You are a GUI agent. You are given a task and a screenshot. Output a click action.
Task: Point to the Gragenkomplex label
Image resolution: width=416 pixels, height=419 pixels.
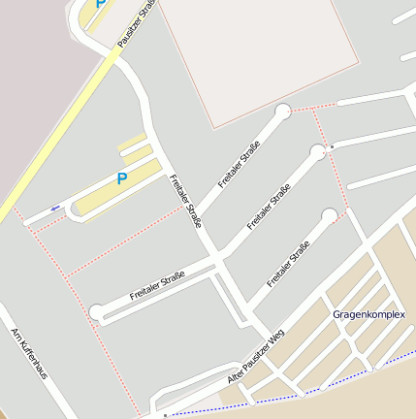click(x=368, y=315)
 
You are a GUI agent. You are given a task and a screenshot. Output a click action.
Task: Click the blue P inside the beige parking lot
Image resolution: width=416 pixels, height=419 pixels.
click(x=122, y=178)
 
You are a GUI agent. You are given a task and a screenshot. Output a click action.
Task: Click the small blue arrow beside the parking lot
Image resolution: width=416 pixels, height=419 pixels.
click(x=55, y=208)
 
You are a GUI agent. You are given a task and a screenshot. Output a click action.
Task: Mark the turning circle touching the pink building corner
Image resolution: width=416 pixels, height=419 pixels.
click(x=283, y=112)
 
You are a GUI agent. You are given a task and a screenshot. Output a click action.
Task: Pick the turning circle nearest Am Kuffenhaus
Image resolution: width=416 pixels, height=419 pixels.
click(x=97, y=311)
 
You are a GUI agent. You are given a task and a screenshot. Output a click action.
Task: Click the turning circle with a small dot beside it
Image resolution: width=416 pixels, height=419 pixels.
click(x=317, y=151)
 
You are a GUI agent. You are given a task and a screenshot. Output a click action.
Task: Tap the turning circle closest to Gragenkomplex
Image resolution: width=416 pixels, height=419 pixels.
click(x=330, y=215)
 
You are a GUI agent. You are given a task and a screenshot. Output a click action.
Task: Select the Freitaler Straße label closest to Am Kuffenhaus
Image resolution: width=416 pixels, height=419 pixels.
click(x=157, y=287)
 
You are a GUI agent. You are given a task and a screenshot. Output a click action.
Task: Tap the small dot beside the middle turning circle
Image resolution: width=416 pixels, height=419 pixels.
click(x=332, y=146)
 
